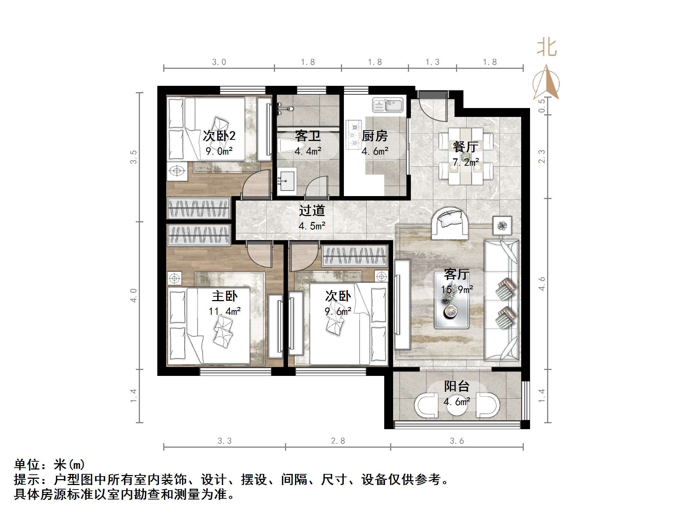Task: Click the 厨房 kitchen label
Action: coord(375,136)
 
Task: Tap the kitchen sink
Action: coord(388,105)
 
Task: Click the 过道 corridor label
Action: coord(312,211)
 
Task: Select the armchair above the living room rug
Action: coord(449,223)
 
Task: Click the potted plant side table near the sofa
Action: coord(502,225)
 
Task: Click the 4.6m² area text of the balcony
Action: coord(457,401)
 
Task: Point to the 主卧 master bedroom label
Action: coord(225,296)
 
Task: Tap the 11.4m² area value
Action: coord(225,311)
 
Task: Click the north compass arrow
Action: coord(546,83)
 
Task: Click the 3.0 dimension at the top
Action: coord(219,62)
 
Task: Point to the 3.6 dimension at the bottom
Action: coord(457,441)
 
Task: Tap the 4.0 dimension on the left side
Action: coord(134,295)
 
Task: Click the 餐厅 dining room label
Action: coord(465,147)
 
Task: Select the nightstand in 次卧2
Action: coord(177,171)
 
